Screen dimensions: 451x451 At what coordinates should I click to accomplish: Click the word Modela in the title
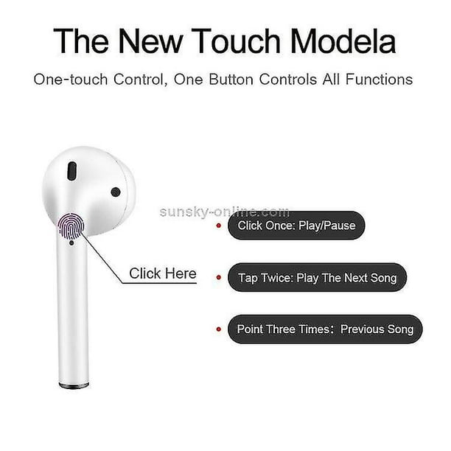[x=343, y=41]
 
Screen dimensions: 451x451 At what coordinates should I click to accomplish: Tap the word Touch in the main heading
[x=236, y=41]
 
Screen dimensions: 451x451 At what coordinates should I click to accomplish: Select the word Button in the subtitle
[x=231, y=80]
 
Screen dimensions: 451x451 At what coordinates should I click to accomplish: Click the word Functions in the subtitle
[x=379, y=80]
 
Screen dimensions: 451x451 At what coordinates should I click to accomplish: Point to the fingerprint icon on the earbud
[x=71, y=226]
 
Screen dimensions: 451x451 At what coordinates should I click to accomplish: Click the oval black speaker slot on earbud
[x=72, y=171]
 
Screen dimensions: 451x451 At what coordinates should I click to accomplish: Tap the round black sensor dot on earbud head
[x=116, y=192]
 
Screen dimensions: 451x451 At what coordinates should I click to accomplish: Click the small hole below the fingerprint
[x=71, y=243]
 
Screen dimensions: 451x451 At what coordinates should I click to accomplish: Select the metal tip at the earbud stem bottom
[x=74, y=385]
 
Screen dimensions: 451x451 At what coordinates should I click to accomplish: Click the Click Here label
[x=163, y=273]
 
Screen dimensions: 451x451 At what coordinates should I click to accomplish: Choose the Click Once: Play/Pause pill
[x=296, y=225]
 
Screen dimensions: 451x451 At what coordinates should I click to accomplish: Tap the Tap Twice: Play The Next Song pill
[x=318, y=278]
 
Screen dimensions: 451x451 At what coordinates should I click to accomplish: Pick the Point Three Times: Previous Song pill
[x=325, y=329]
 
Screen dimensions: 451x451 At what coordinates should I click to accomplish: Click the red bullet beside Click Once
[x=219, y=225]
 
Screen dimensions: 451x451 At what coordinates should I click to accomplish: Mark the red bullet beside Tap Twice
[x=219, y=278]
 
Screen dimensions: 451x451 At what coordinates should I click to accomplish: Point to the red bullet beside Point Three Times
[x=219, y=329]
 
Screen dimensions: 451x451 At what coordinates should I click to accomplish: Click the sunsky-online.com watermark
[x=224, y=212]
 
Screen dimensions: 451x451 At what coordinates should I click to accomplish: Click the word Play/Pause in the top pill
[x=327, y=225]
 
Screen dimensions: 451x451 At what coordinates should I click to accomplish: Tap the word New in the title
[x=150, y=41]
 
